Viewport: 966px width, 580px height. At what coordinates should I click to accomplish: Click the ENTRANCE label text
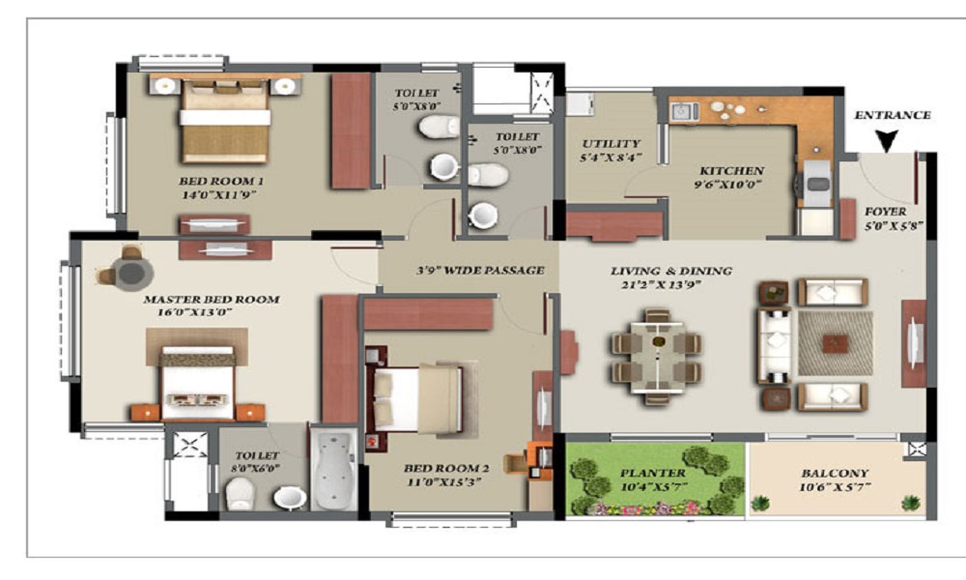tap(892, 115)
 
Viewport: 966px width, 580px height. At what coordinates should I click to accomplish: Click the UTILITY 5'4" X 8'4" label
tap(610, 150)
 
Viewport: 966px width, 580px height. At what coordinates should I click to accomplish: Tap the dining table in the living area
tap(657, 356)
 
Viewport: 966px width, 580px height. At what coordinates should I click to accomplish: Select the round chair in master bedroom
tap(129, 272)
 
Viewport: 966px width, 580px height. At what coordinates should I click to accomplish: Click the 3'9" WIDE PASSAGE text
tap(480, 271)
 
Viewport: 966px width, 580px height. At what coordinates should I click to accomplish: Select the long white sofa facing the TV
tap(774, 344)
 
